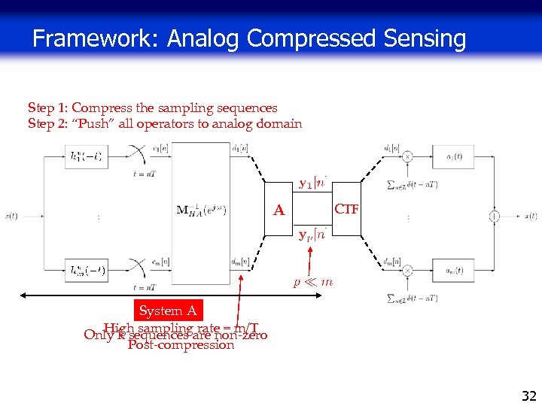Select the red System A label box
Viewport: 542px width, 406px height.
tap(168, 311)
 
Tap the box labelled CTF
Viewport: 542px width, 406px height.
tap(347, 208)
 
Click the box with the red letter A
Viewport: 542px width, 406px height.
tap(279, 211)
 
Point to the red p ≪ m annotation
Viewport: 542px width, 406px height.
tap(312, 282)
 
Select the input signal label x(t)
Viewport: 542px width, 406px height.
tap(11, 216)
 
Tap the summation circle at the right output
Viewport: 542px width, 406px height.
tap(495, 216)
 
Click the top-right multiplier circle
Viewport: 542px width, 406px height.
tap(408, 156)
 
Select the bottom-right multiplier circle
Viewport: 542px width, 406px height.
tap(408, 269)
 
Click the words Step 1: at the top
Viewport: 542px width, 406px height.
tap(47, 108)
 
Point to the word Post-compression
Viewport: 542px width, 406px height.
tap(181, 345)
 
